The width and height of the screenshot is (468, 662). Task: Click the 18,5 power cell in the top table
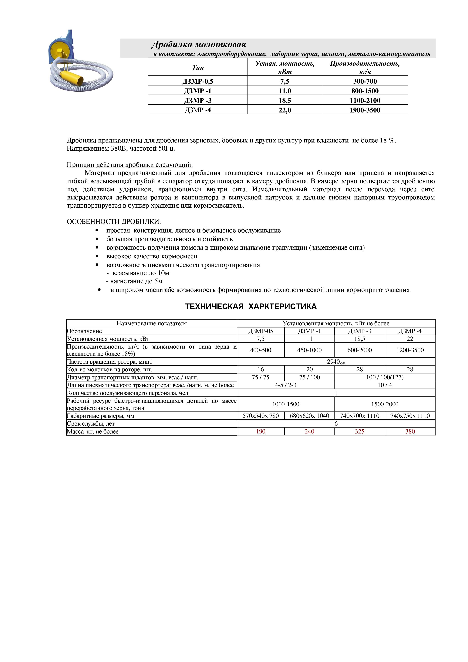285,101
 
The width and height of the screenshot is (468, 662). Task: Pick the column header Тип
198,68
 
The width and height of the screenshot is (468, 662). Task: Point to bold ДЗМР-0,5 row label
198,81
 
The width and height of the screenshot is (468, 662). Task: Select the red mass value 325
360,431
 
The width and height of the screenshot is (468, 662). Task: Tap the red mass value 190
261,431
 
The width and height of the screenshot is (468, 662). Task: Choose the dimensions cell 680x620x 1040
309,416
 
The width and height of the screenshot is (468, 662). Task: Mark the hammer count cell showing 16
261,369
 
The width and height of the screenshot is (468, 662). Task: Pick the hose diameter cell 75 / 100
309,377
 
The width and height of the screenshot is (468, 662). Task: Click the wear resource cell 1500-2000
385,404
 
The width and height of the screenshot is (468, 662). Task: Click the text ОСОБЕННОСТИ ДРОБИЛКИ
114,221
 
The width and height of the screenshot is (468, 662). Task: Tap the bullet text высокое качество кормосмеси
152,256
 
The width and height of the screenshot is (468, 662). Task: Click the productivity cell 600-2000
360,350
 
